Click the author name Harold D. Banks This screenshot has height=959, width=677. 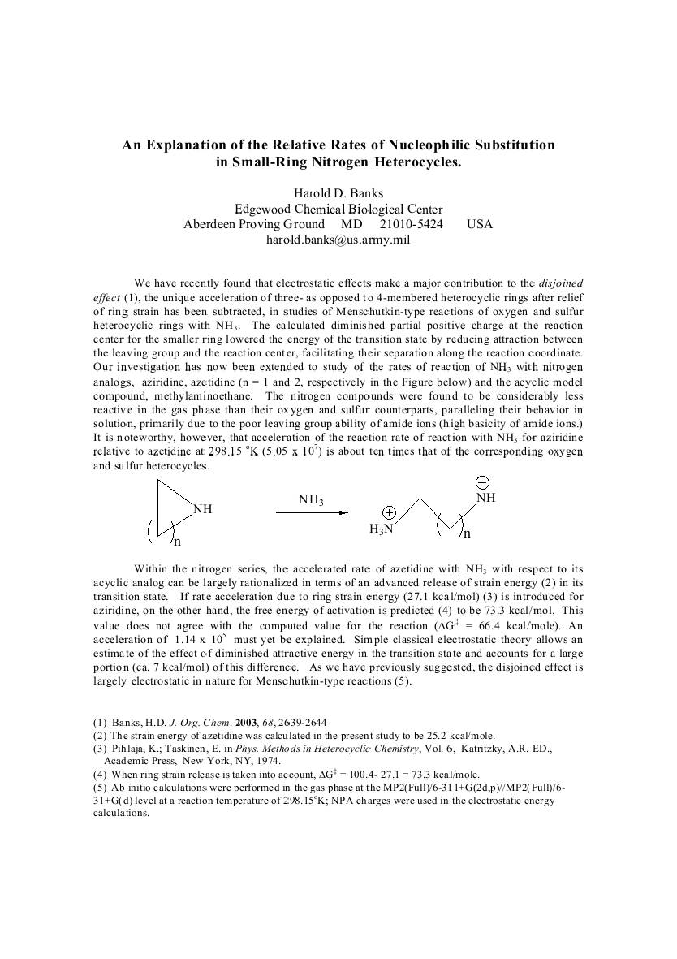tap(338, 192)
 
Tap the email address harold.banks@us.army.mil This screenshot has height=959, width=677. tap(338, 240)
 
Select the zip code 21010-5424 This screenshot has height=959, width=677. tap(411, 224)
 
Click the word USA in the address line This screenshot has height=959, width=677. tap(480, 224)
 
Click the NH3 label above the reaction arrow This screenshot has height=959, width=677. tap(311, 500)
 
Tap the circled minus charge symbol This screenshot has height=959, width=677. tap(481, 482)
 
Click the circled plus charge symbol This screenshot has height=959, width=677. tap(389, 513)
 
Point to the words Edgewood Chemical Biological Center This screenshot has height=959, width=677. tap(338, 209)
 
